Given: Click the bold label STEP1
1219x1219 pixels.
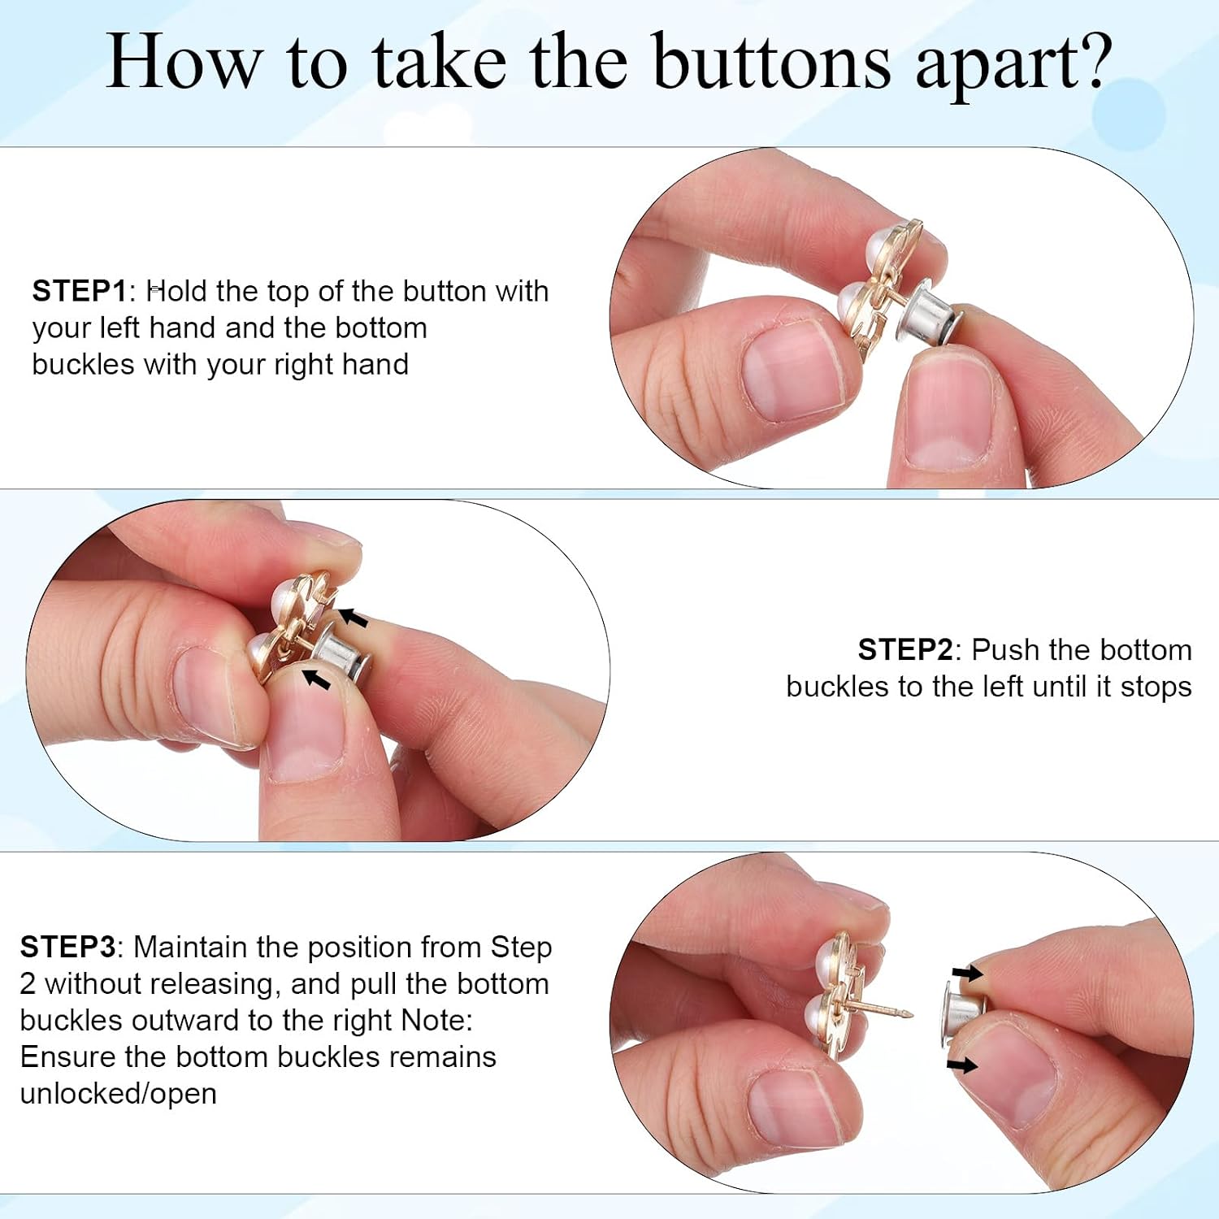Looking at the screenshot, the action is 80,291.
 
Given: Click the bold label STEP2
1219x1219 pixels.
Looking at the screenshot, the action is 905,650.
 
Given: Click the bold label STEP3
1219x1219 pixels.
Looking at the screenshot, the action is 68,948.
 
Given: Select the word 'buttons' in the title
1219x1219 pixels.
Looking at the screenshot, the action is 771,63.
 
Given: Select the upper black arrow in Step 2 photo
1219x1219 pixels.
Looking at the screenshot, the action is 352,618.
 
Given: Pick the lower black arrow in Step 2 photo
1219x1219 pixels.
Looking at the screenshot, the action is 316,679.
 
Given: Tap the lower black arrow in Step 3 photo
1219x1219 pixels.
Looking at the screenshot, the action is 961,1065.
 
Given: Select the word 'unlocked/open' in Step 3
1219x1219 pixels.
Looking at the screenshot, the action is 119,1095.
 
